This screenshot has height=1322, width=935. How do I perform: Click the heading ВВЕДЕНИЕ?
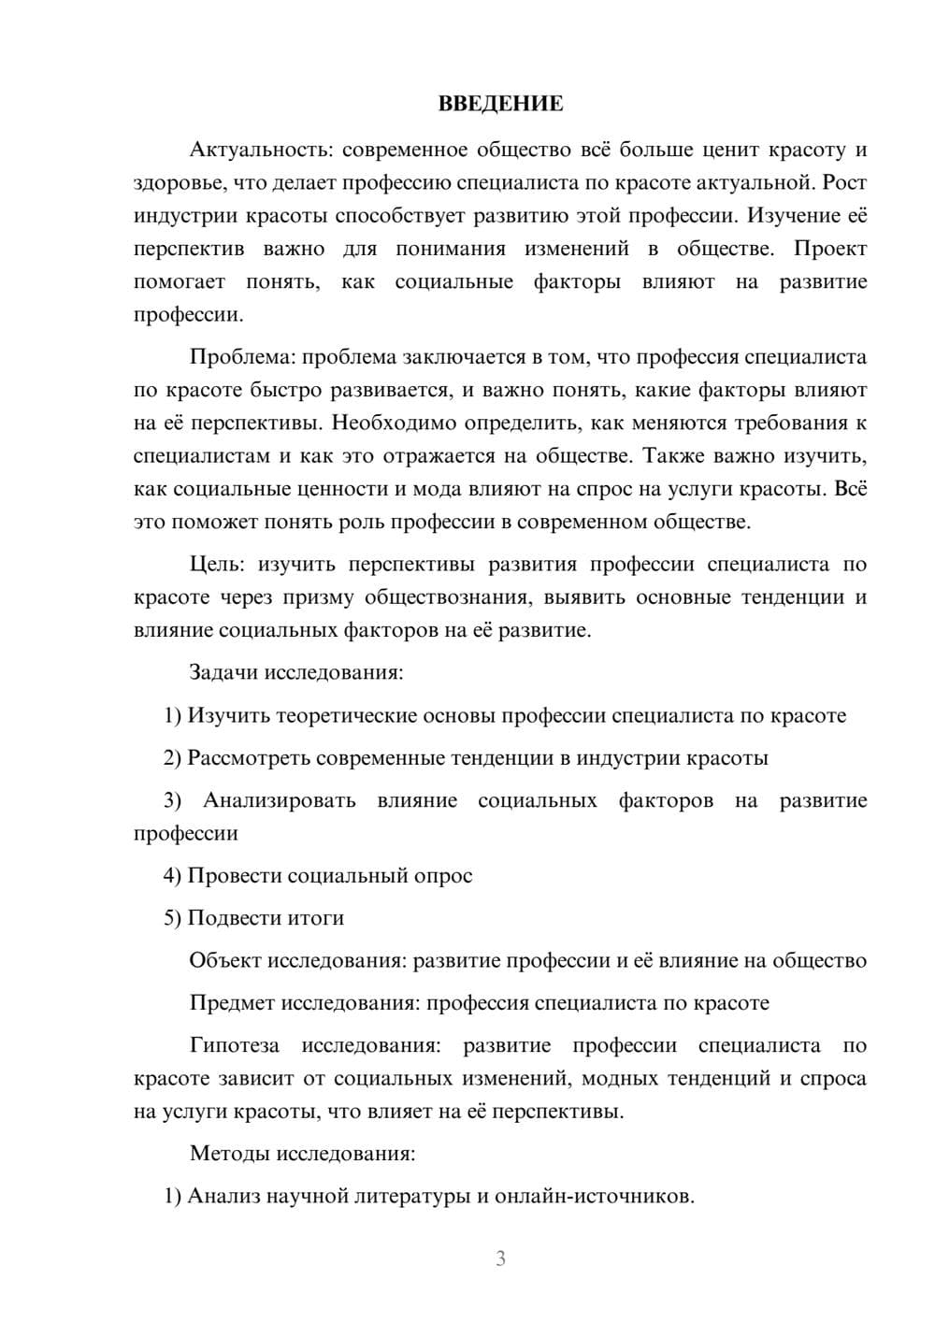501,104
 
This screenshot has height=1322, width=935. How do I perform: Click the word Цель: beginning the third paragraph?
217,565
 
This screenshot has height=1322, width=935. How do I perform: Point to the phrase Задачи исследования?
296,672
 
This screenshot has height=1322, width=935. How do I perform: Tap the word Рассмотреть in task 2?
248,757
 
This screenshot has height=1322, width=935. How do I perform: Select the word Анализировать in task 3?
279,800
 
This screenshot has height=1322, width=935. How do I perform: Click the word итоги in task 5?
315,918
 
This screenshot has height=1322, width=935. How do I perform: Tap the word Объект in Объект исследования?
225,960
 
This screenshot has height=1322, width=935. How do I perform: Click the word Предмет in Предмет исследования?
232,1003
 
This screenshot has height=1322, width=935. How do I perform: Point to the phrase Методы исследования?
302,1153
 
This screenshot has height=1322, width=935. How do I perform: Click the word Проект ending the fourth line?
829,249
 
